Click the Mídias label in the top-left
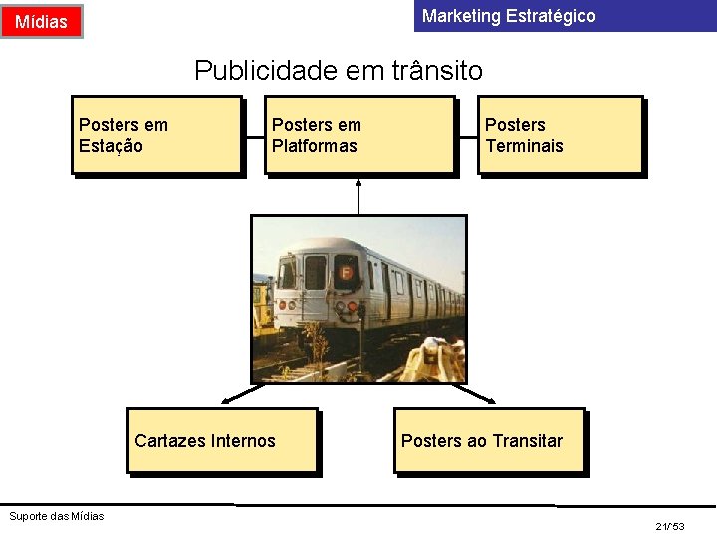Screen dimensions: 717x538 42,21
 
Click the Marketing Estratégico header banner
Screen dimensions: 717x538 565,16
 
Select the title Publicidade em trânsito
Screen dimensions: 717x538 339,70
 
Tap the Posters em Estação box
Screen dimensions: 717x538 156,134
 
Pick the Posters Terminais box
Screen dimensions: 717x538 561,134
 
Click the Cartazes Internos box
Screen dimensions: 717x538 222,440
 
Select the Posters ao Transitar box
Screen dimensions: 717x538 488,440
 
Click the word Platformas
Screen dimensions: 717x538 315,146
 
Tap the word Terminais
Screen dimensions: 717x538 524,146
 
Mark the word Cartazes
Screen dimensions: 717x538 168,441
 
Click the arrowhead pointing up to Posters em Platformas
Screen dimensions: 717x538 358,182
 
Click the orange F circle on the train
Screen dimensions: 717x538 347,271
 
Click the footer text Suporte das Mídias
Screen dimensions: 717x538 56,515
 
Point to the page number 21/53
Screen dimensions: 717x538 670,525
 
